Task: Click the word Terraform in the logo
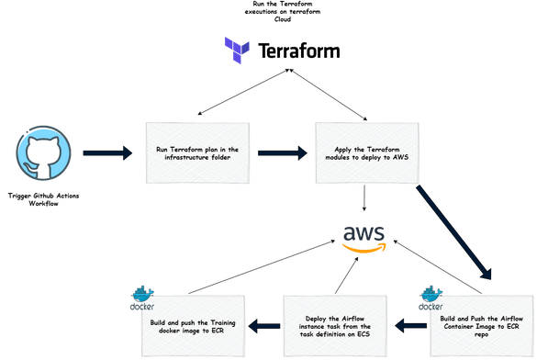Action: point(299,50)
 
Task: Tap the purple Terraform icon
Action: point(238,50)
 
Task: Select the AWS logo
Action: point(364,236)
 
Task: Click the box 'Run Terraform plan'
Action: point(196,153)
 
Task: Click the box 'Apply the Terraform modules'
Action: point(364,153)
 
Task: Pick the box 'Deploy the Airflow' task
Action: point(338,322)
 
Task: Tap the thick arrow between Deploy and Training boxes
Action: point(266,322)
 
